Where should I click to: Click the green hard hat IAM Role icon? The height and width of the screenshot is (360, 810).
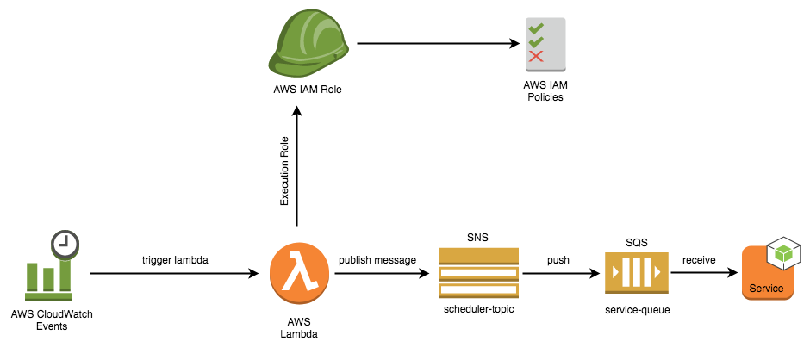[x=308, y=44]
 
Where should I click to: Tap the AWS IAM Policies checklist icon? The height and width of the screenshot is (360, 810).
[x=545, y=45]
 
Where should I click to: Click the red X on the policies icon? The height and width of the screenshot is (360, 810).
[x=536, y=56]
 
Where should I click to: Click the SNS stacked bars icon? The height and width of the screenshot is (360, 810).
[x=478, y=272]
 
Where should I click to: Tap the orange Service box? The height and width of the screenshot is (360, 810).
[x=767, y=273]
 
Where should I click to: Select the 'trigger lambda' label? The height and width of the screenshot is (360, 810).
[x=175, y=260]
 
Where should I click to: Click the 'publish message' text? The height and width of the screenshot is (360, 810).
[x=377, y=260]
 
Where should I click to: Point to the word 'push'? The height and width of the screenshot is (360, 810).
[x=558, y=260]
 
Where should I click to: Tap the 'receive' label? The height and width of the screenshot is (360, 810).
[x=699, y=260]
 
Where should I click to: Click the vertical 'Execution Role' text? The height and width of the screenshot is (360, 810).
[x=284, y=171]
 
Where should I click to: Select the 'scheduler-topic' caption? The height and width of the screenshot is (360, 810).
[x=478, y=309]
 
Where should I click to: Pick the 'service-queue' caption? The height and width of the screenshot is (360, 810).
[x=638, y=310]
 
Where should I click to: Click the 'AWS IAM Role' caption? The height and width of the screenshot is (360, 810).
[x=308, y=90]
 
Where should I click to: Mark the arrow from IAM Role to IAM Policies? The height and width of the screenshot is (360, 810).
[x=438, y=44]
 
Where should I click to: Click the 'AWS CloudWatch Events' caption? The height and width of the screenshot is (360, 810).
[x=52, y=320]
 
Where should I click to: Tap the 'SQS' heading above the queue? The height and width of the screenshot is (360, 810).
[x=636, y=242]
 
